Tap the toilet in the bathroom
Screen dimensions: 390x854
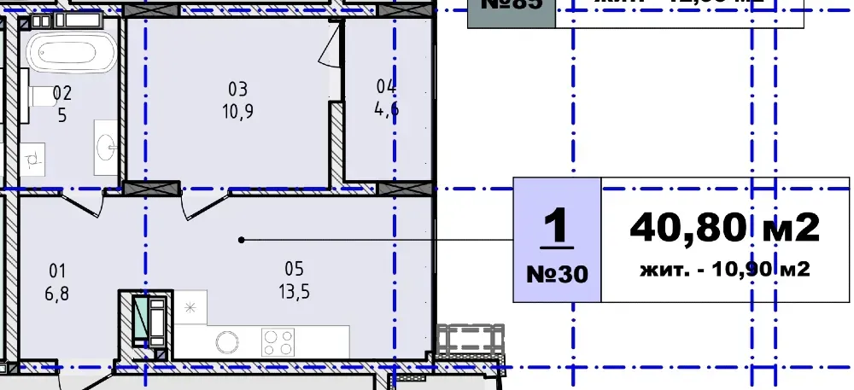tap(39, 98)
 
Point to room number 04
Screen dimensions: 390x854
tap(386, 86)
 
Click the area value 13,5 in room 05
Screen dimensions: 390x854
tap(294, 291)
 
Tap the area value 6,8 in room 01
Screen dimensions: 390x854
tap(58, 292)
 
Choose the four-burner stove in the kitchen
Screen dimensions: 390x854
tap(278, 341)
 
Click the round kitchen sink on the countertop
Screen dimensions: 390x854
tap(226, 341)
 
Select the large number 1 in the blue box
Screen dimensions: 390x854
tap(556, 228)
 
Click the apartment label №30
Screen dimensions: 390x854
tap(556, 274)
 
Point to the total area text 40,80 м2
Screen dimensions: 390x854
tap(724, 227)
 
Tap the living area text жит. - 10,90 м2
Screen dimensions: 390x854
tap(724, 271)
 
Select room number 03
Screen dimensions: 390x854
tap(237, 89)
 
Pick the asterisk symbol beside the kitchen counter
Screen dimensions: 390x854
tap(190, 307)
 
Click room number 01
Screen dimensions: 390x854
tap(58, 272)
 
